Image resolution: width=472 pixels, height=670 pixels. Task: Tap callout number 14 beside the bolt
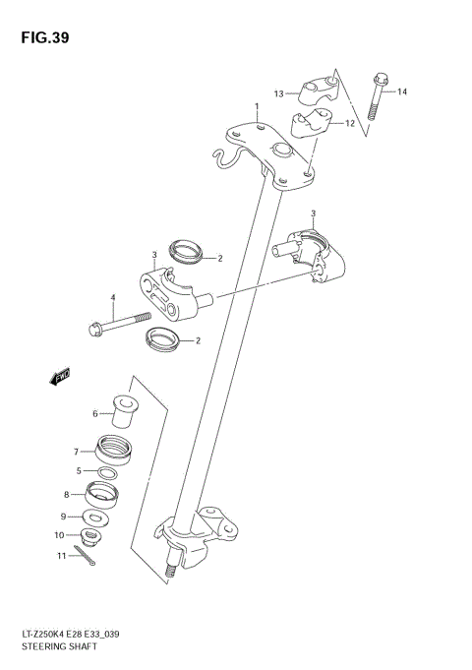pos(402,91)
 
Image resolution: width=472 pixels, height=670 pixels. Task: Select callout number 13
pos(278,93)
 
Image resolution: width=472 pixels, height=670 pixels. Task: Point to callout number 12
pos(349,125)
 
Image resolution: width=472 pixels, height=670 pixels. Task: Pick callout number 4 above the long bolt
pos(113,297)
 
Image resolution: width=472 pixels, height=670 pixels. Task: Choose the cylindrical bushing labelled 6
pos(125,411)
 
